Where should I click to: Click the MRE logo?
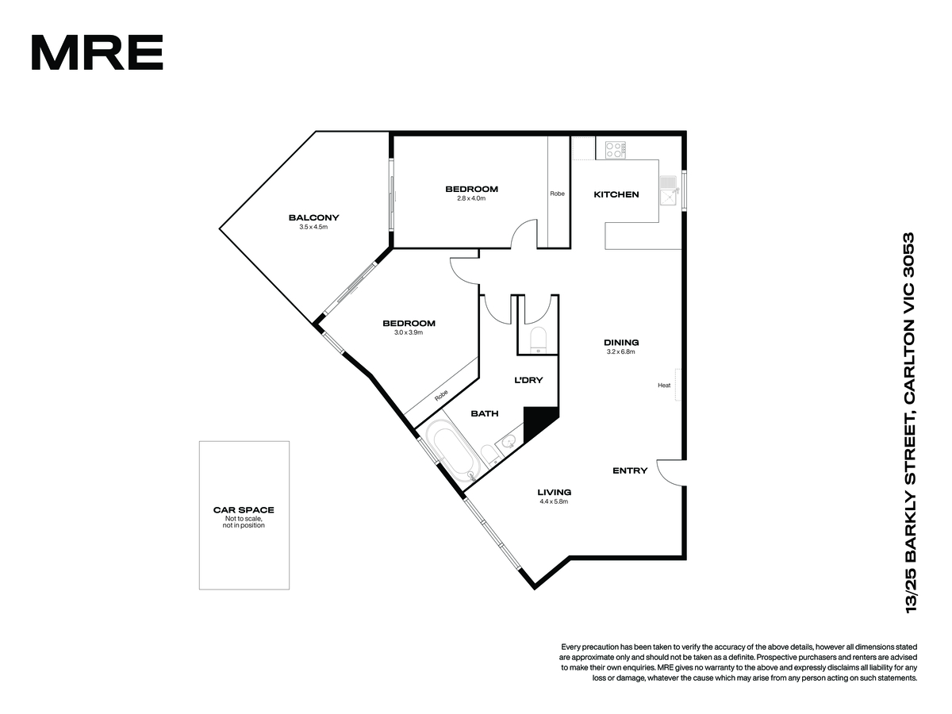click(97, 52)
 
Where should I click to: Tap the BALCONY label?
click(313, 217)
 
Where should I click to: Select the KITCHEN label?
click(616, 194)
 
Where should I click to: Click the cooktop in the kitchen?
click(616, 150)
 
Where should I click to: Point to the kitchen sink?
click(668, 190)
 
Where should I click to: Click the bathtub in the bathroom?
click(452, 451)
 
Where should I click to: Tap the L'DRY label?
click(528, 380)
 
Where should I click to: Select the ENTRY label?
click(630, 470)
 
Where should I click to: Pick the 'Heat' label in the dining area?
click(664, 385)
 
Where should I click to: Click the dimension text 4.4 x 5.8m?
click(554, 501)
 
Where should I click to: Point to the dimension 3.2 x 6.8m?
click(620, 351)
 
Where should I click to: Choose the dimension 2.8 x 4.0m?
click(471, 198)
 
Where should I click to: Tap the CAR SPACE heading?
click(244, 510)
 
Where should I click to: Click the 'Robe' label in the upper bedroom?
click(558, 194)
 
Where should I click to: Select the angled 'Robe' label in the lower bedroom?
click(441, 395)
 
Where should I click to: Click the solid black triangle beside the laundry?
click(538, 423)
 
